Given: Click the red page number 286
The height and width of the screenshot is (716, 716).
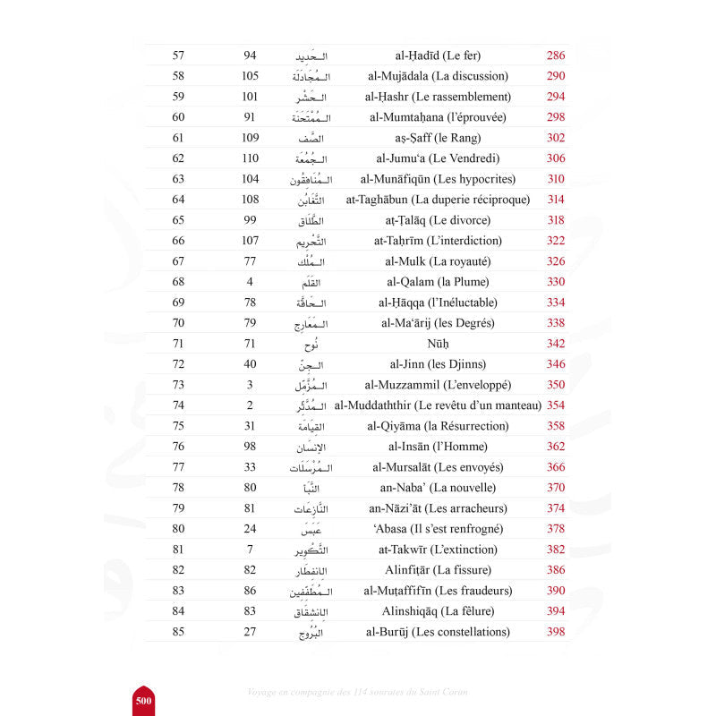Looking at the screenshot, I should coord(555,55).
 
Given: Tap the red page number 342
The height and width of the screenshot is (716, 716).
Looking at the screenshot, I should coord(555,344).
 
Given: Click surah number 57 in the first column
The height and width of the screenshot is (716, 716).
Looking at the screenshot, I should coord(178,55).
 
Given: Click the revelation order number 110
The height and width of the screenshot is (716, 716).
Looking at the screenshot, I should coord(251,158).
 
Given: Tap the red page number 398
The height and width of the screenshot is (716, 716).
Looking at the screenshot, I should coord(555,632).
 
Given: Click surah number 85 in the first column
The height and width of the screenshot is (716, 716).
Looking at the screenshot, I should coord(178,632).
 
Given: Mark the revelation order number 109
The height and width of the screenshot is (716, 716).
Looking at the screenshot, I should coord(251,138).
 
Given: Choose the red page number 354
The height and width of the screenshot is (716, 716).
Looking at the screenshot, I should coord(555,405).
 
